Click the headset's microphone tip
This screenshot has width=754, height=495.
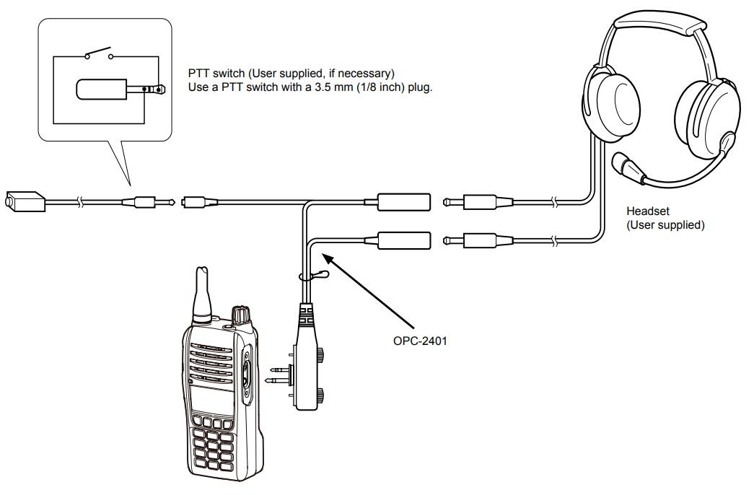[619, 162]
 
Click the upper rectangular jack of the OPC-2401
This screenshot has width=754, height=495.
[404, 201]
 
